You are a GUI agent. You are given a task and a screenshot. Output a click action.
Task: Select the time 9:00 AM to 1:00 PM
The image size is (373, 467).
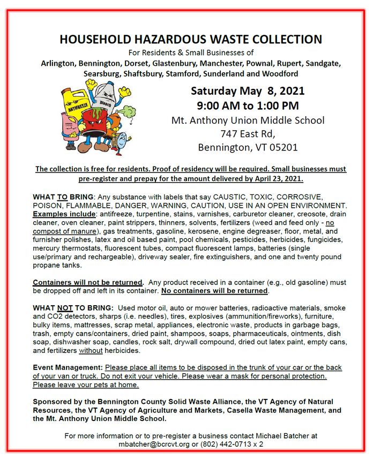247,106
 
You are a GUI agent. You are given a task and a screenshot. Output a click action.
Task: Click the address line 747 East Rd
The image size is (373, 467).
248,133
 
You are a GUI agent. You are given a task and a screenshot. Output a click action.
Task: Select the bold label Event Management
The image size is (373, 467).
68,368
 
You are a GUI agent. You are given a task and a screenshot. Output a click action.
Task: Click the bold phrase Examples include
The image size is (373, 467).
62,214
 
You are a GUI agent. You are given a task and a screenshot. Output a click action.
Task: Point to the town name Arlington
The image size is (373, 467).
58,63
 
